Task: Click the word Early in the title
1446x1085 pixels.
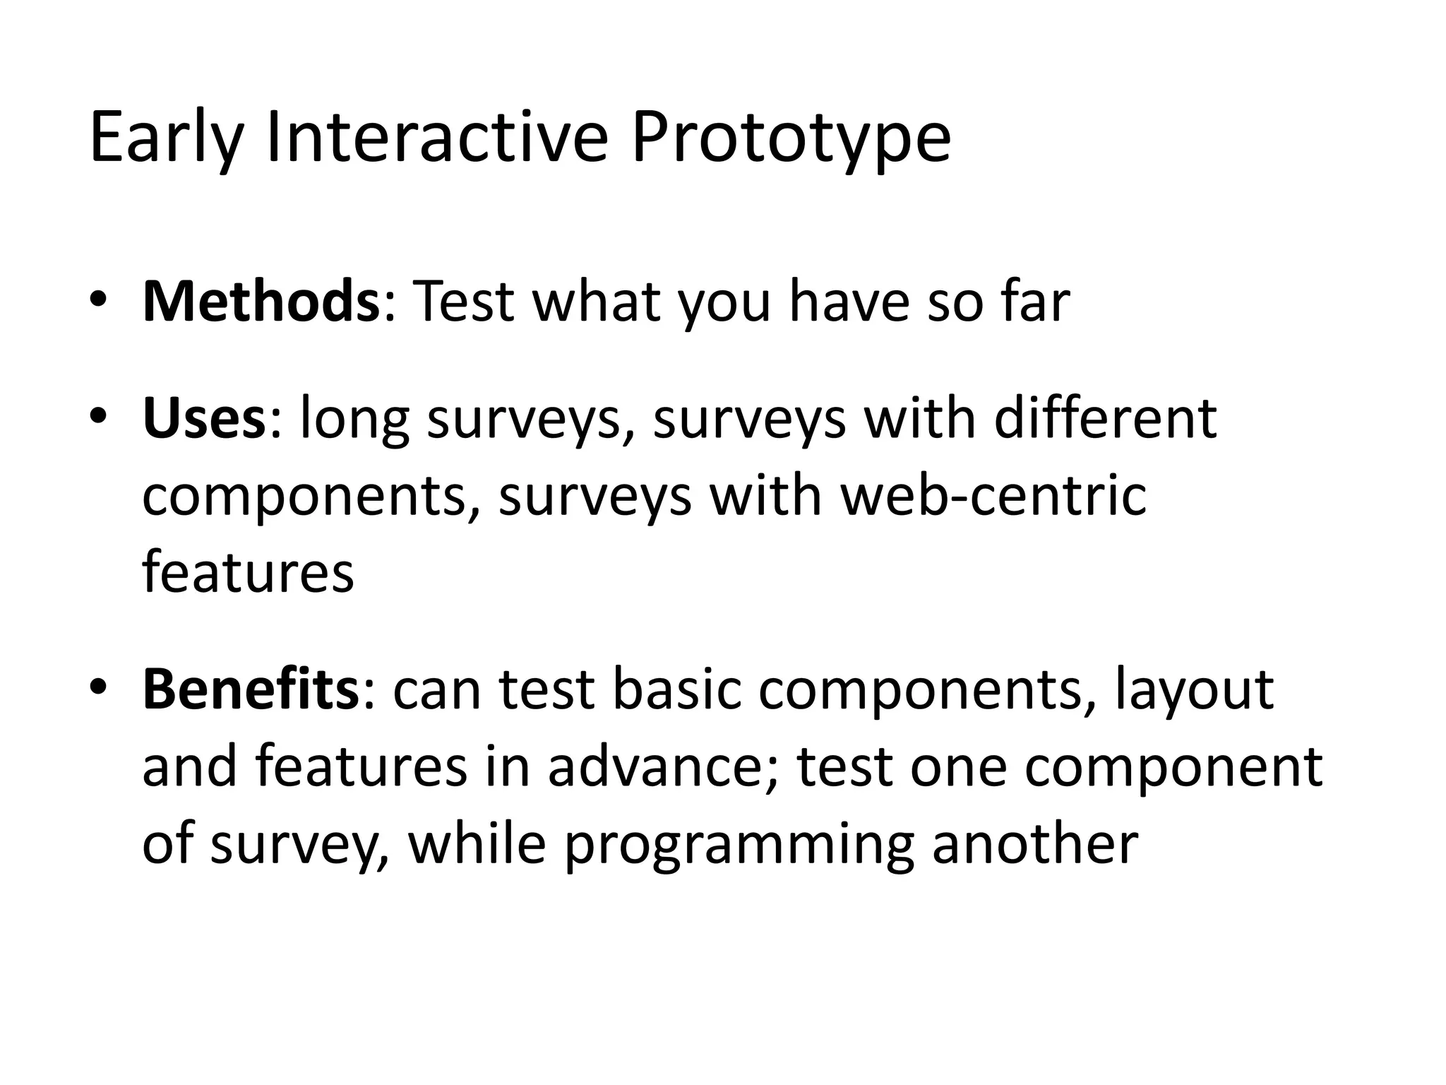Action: click(x=165, y=138)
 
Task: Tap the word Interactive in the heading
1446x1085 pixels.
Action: click(x=437, y=137)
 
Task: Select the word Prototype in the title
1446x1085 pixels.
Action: click(x=791, y=138)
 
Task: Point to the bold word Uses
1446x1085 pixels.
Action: click(x=203, y=419)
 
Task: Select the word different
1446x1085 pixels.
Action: click(x=1106, y=419)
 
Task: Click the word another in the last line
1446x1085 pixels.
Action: click(x=1035, y=843)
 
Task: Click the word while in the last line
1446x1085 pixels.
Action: click(x=477, y=843)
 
